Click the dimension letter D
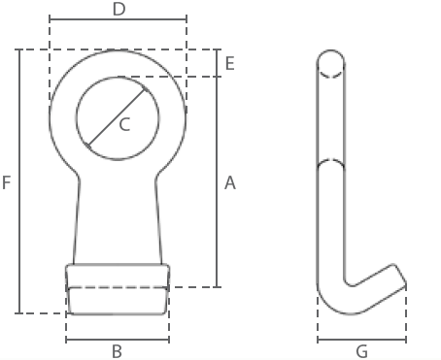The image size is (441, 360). coord(119,9)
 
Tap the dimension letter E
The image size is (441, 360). coord(229,63)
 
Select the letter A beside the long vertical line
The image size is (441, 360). coord(230,182)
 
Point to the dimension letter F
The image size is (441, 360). coord(7,182)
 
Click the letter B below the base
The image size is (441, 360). coord(117,351)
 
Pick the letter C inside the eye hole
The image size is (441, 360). coord(124,124)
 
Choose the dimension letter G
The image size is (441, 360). coord(361,351)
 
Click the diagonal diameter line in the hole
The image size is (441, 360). coord(118,118)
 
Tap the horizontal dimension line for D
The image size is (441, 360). coord(118,19)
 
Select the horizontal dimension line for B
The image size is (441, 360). coord(118,340)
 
